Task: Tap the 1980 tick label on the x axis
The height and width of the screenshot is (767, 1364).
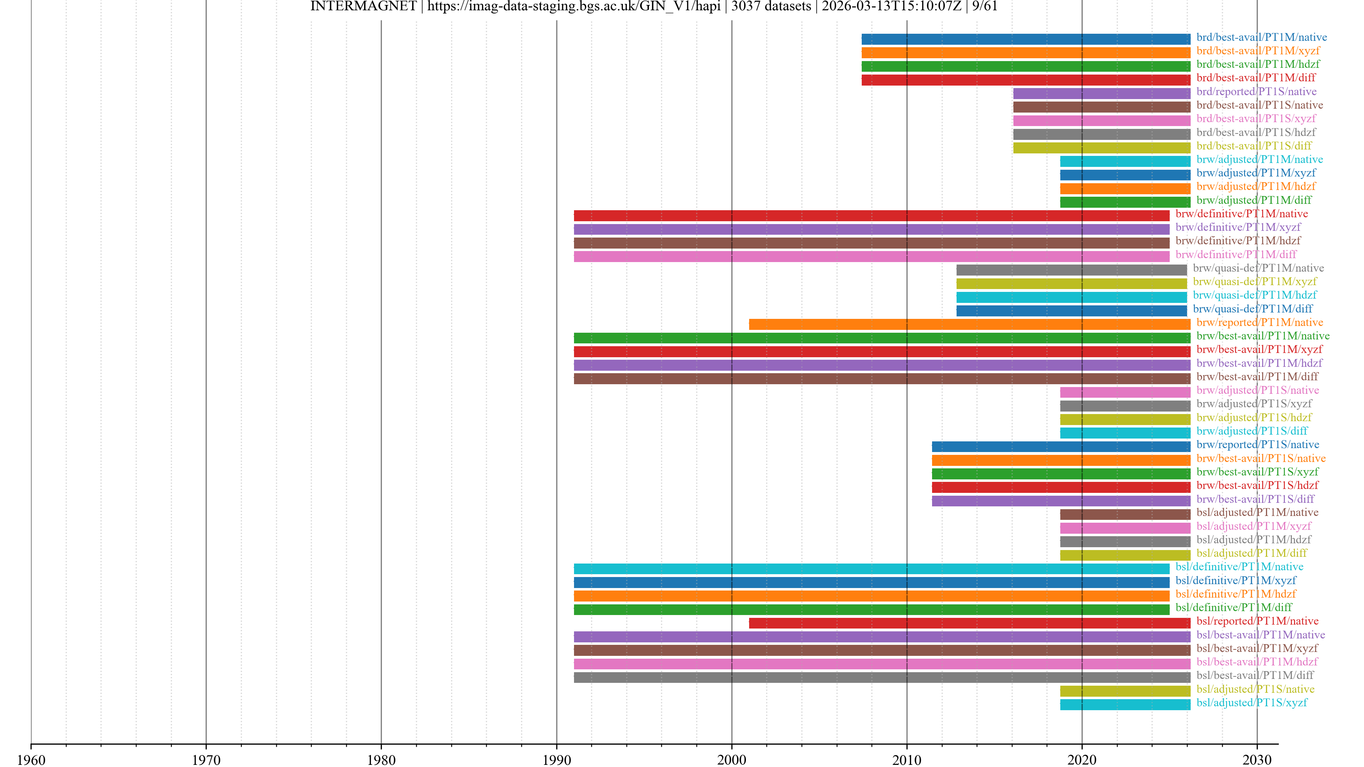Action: point(381,760)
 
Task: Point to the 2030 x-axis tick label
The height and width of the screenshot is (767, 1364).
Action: point(1256,760)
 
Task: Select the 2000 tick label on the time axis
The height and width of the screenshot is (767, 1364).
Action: point(731,760)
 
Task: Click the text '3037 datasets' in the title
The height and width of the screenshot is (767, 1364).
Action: point(771,6)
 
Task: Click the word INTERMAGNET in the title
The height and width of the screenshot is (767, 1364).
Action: point(363,6)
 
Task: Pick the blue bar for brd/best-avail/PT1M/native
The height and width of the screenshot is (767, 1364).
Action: point(1025,39)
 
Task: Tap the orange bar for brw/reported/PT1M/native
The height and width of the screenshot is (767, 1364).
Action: point(969,324)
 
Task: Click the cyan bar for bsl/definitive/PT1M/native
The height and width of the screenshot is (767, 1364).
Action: point(871,569)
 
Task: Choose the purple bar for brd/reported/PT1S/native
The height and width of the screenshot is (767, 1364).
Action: point(1102,93)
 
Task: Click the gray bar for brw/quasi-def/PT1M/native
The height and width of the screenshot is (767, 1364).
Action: point(1071,270)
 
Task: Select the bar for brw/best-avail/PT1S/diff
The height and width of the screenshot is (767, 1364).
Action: point(1061,500)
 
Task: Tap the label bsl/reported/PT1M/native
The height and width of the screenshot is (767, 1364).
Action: point(1257,621)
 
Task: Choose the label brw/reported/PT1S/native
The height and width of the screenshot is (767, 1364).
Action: point(1257,445)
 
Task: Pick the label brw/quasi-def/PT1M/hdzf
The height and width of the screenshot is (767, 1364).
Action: point(1254,295)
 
